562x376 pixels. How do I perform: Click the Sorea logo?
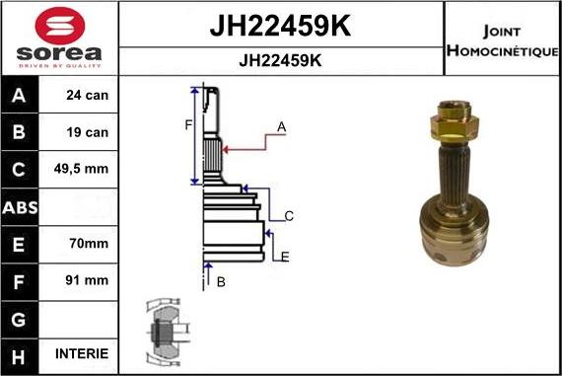[x=59, y=38]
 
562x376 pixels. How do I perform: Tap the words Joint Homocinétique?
[x=503, y=38]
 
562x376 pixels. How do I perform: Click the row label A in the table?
[x=21, y=97]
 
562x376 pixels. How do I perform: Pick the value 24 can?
[x=87, y=97]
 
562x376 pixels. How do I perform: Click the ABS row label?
[x=21, y=206]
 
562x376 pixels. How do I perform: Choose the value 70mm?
[x=87, y=243]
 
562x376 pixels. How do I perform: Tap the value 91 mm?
[x=87, y=279]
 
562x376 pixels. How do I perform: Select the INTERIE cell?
[x=87, y=353]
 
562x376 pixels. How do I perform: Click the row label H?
[x=21, y=353]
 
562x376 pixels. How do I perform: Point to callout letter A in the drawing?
[x=281, y=126]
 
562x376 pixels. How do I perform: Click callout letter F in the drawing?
[x=187, y=124]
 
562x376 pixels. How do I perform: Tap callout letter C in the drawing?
[x=289, y=215]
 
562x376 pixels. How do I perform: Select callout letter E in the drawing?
[x=285, y=257]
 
